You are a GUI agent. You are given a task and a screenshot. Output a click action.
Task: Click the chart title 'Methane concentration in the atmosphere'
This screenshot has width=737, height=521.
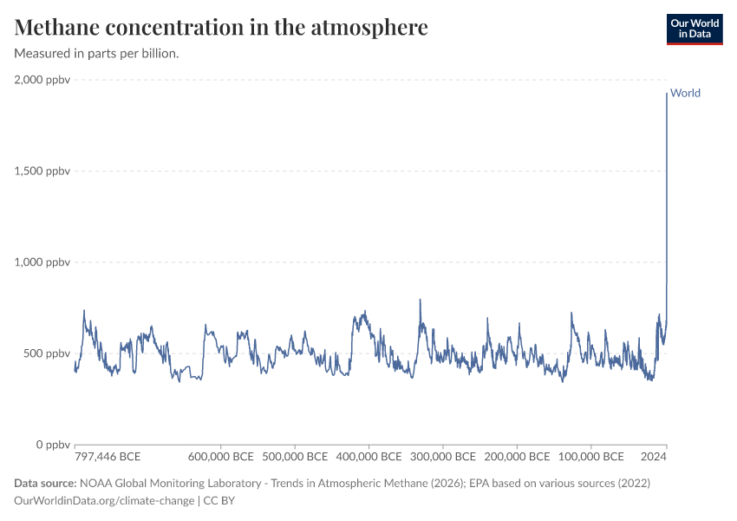click(x=221, y=27)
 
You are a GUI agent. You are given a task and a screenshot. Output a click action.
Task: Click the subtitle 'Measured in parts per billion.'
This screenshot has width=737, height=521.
click(x=97, y=53)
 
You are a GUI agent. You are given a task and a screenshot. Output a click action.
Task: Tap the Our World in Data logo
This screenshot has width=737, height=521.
click(x=694, y=28)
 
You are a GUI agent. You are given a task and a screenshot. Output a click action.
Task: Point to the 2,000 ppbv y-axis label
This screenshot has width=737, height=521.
click(x=42, y=80)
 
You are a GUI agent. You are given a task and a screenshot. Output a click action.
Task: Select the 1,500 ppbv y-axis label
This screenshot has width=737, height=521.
click(x=42, y=171)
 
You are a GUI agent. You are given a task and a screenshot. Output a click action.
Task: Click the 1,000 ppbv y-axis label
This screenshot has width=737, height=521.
click(x=42, y=262)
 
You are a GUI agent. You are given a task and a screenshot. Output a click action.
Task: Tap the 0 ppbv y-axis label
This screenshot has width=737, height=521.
click(x=53, y=445)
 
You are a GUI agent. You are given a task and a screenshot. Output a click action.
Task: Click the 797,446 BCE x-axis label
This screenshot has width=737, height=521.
click(x=108, y=457)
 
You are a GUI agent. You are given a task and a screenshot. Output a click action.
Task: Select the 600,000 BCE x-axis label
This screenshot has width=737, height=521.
click(x=220, y=457)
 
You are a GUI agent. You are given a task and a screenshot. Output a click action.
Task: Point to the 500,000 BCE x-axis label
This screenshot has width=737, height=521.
click(x=294, y=457)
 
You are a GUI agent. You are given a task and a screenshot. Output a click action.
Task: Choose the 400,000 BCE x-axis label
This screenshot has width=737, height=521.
click(x=368, y=457)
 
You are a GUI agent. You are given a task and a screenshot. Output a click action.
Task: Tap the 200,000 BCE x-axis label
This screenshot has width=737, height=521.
click(x=516, y=457)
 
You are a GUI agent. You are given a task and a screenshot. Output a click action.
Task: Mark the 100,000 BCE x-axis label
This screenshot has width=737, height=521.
click(x=590, y=457)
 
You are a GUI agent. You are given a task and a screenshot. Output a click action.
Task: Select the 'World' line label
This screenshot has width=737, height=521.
click(x=685, y=93)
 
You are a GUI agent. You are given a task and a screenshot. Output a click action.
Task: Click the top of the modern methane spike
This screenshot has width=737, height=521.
click(x=666, y=94)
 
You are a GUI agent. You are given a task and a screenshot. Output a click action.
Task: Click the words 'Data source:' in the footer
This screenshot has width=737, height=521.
click(x=45, y=483)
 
